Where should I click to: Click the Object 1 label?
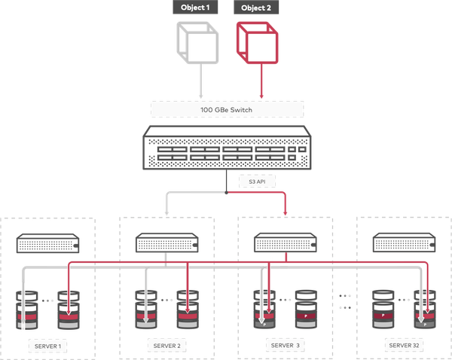point(194,8)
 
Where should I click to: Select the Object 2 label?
point(256,8)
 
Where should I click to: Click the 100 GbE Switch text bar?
point(226,109)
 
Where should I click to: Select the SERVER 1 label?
point(48,346)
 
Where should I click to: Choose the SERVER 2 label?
point(166,346)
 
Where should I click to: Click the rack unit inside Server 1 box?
point(48,244)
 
